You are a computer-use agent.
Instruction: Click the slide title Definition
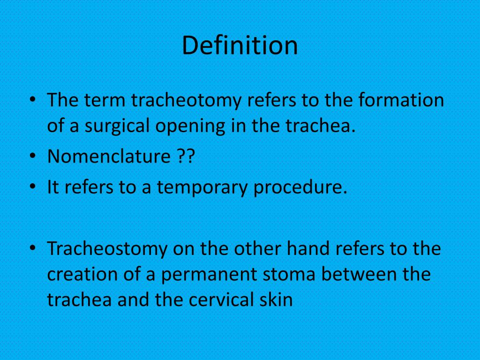240,45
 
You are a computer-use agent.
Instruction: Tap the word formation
401,101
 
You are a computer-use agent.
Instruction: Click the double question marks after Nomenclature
186,157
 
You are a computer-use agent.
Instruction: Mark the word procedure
300,187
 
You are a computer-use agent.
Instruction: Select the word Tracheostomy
107,249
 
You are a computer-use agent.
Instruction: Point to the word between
359,274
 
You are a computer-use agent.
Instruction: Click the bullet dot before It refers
32,187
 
